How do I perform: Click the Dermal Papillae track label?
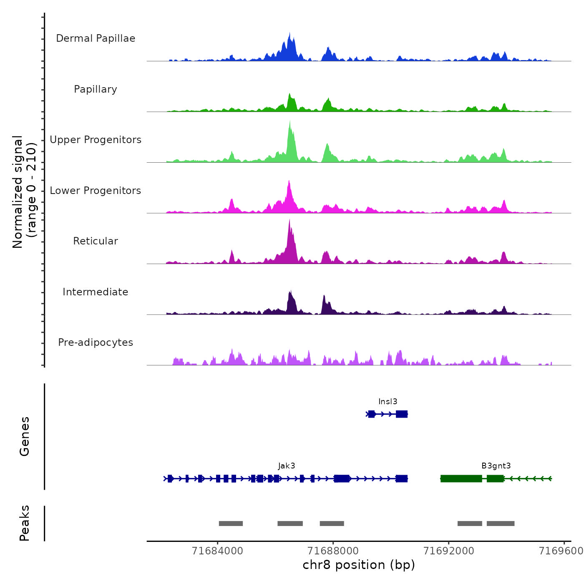click(96, 38)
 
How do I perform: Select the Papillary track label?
click(96, 89)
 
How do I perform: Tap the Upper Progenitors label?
click(96, 140)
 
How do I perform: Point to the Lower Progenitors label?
click(96, 191)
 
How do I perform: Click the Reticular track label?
click(96, 241)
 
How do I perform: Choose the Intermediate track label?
click(96, 292)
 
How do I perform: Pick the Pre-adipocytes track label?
click(96, 342)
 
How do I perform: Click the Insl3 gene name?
click(388, 402)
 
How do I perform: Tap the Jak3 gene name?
click(287, 466)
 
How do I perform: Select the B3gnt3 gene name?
click(496, 466)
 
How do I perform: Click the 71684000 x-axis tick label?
click(217, 551)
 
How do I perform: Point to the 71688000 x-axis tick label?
click(333, 551)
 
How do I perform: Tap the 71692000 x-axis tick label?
click(449, 551)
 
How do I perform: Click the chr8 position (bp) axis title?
click(359, 565)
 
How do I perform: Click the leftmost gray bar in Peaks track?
click(231, 524)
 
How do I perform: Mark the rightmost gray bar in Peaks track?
click(501, 524)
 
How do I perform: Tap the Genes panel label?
click(25, 436)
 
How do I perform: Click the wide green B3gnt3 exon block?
click(461, 478)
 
